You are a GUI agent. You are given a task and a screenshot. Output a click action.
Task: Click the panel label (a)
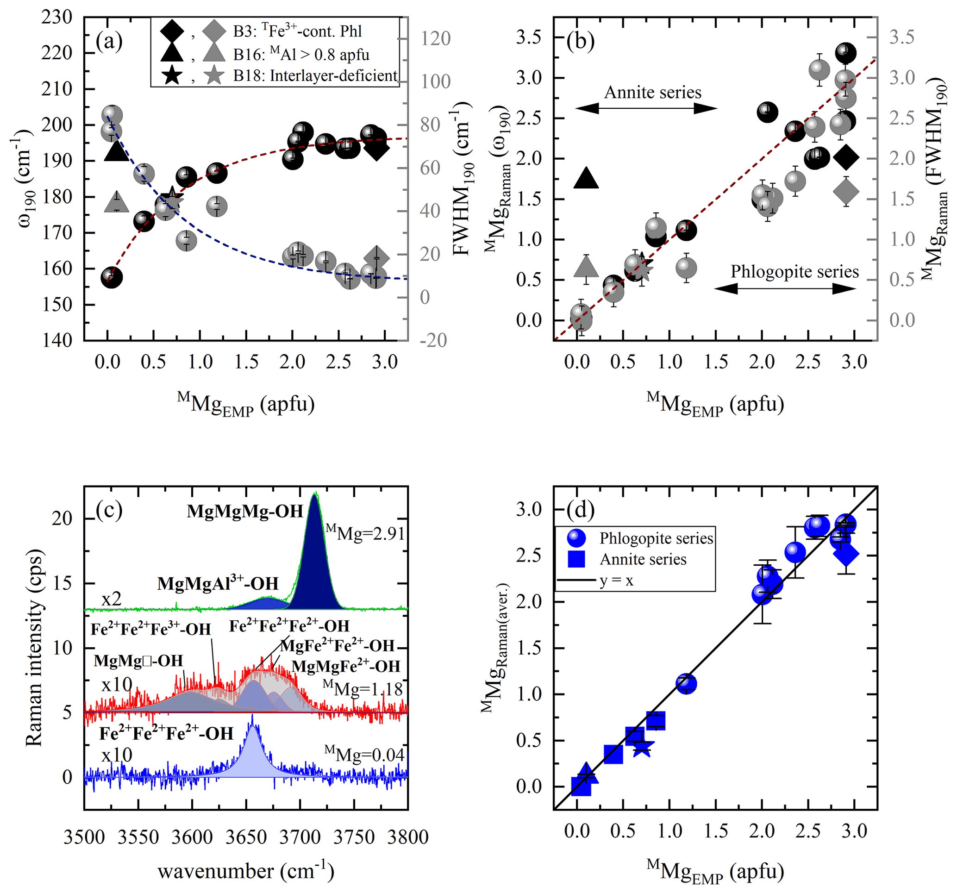pos(109,41)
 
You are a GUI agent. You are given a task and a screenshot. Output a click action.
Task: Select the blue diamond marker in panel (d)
pos(846,554)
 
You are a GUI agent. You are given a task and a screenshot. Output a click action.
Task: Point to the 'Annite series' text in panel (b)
pos(652,92)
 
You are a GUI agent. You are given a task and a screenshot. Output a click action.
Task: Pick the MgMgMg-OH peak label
pos(244,511)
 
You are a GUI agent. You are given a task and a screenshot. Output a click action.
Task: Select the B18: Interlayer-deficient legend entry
pos(315,75)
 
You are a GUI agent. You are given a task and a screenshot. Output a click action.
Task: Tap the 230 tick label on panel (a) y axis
pos(57,17)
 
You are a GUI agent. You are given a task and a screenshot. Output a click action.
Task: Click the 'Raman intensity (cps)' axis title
pos(35,648)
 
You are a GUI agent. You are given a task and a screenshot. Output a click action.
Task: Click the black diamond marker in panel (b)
pos(846,157)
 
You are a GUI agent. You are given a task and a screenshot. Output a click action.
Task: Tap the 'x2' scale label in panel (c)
pos(111,599)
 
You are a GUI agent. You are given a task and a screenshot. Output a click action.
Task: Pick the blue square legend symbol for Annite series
pos(576,559)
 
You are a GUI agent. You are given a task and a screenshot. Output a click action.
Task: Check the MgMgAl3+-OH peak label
pos(218,583)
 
